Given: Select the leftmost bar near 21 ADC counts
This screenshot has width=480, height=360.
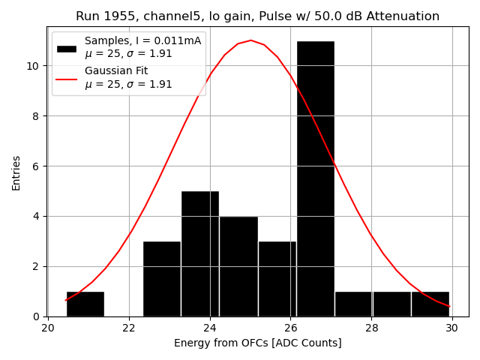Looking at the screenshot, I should tap(85, 304).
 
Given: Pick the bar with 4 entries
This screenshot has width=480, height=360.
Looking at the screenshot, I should tap(238, 266).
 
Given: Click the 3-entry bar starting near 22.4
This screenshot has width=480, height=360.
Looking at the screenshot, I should tap(161, 279).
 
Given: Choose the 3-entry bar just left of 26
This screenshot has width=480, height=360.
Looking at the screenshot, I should tap(277, 279).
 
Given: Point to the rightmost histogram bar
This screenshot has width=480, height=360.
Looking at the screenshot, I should tap(430, 304).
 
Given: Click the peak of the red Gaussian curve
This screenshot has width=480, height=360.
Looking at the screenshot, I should tap(251, 40).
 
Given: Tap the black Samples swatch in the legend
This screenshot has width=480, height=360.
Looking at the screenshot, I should tap(67, 48).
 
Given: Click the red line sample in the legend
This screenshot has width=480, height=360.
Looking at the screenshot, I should tap(67, 78).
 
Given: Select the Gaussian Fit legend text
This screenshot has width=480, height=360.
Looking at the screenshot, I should tap(116, 70).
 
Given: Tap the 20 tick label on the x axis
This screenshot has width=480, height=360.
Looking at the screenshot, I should tap(48, 328).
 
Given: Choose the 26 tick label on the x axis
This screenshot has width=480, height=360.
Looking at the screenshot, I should tap(290, 328).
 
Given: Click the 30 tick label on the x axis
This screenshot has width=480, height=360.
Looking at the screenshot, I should tap(451, 328).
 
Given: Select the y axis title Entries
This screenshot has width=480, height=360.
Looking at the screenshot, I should tap(16, 172).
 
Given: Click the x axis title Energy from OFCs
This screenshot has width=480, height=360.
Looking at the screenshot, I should tap(257, 343).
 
